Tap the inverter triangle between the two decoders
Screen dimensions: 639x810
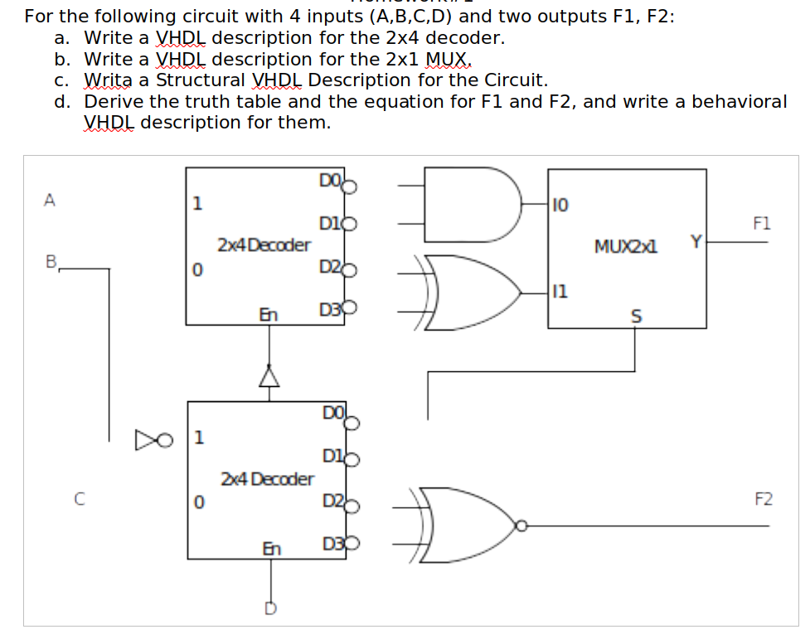point(267,378)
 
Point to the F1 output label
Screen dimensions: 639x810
point(762,223)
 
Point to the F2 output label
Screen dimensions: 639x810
point(763,500)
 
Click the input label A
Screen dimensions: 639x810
point(51,200)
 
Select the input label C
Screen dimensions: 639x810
point(79,499)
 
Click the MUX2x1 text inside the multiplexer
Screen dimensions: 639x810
point(626,246)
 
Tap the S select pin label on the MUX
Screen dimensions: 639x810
point(637,315)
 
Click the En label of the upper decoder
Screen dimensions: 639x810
point(268,314)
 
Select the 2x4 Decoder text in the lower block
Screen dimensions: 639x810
point(267,479)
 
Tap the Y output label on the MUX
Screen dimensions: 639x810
point(696,241)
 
